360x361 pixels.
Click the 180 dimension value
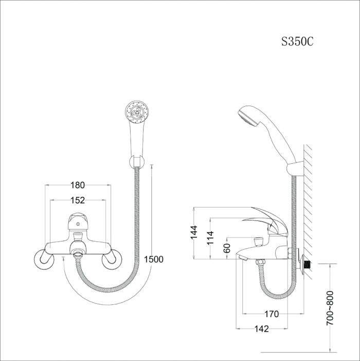78,185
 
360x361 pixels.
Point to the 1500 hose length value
154,259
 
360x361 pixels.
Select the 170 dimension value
272,314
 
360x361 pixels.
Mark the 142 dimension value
261,329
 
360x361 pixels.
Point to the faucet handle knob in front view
77,222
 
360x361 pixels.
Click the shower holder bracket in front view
137,162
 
